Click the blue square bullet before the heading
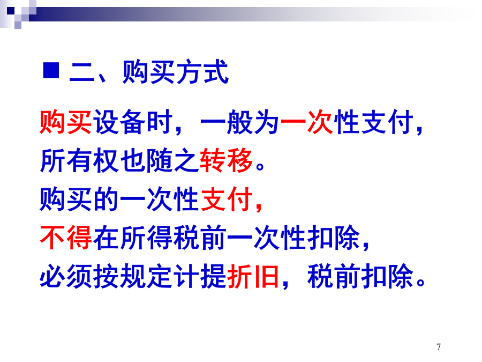click(x=51, y=70)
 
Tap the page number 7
click(x=439, y=347)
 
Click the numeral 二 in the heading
click(x=82, y=72)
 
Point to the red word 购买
click(x=66, y=122)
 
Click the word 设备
click(x=119, y=122)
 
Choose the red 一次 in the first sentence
click(x=307, y=122)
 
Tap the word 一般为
click(x=240, y=122)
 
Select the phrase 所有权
click(x=79, y=160)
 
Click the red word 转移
click(x=226, y=160)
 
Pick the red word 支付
click(x=227, y=199)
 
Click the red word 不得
click(x=66, y=238)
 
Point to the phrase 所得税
click(x=160, y=238)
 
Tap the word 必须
click(x=66, y=276)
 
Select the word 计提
click(x=200, y=276)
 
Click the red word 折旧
click(x=253, y=276)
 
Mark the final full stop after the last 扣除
click(x=421, y=282)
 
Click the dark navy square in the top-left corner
click(x=11, y=11)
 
